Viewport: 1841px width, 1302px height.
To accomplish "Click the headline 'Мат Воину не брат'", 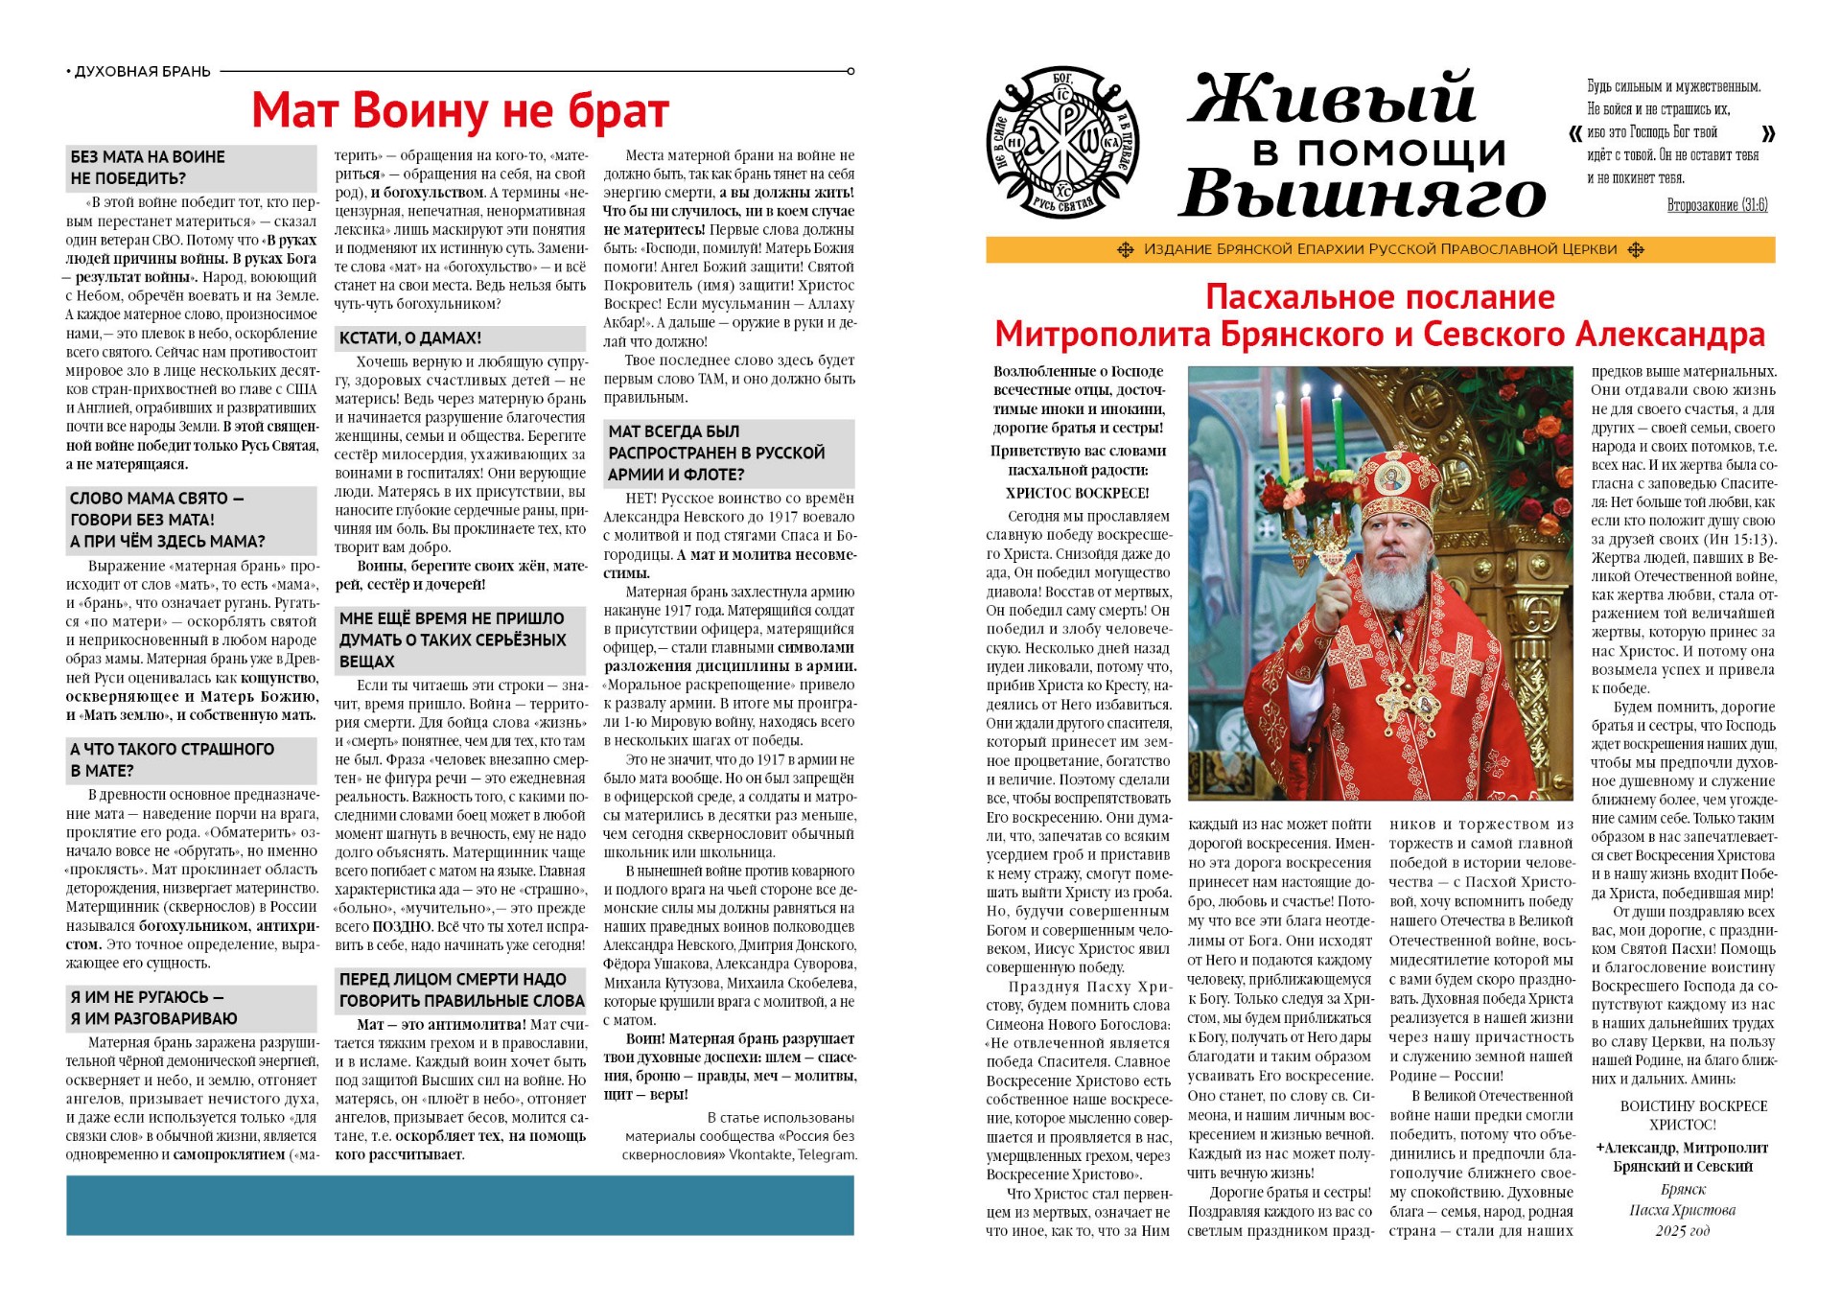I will pyautogui.click(x=459, y=110).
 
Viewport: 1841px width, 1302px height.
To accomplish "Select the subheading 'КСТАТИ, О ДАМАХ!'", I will pyautogui.click(x=410, y=338).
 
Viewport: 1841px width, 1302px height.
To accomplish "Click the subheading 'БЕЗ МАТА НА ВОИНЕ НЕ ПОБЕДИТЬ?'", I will pyautogui.click(x=148, y=168).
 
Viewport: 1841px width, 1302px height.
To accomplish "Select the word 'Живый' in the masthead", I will pyautogui.click(x=1332, y=99).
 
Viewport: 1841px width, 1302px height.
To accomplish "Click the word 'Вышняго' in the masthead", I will pyautogui.click(x=1362, y=196).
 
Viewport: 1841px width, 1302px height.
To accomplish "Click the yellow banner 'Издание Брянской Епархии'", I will pyautogui.click(x=1380, y=250).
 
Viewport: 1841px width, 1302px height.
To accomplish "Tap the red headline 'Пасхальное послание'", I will pyautogui.click(x=1380, y=297).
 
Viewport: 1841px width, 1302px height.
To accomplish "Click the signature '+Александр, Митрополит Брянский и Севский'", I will pyautogui.click(x=1682, y=1156).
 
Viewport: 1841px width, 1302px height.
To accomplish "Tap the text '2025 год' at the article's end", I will pyautogui.click(x=1682, y=1231).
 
